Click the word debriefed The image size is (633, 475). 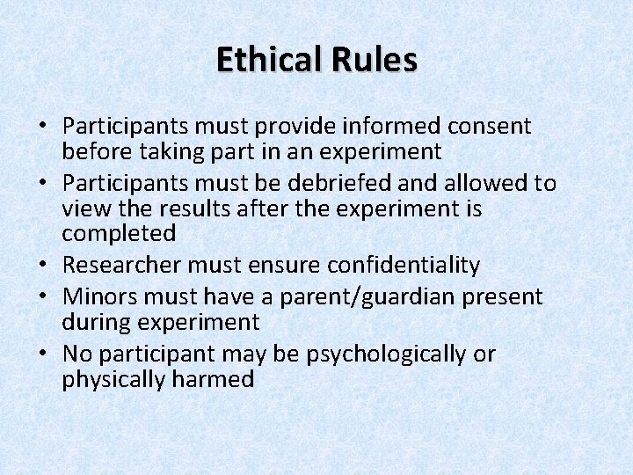[352, 183]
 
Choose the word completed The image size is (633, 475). [119, 234]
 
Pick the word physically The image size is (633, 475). [113, 379]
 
